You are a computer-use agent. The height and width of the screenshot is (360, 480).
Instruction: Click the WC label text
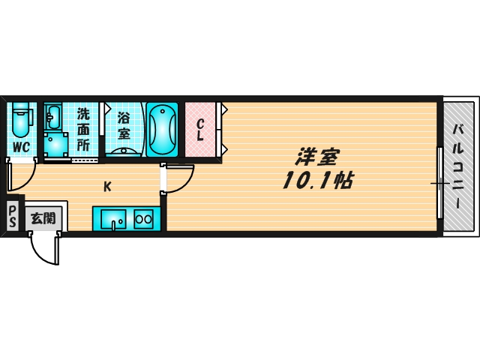tap(20, 146)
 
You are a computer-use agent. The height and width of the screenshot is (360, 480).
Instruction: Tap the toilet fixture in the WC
tap(20, 118)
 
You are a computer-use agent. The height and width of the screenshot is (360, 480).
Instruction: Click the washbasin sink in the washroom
tap(54, 116)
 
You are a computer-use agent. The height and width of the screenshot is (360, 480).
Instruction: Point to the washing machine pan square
tap(54, 144)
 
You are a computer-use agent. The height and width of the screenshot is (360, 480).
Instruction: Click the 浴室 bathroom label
tap(123, 126)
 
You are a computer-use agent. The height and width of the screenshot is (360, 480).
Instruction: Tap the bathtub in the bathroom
tap(161, 130)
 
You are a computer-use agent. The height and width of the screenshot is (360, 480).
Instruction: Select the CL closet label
tap(200, 130)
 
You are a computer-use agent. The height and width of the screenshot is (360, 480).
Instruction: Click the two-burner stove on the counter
tap(143, 220)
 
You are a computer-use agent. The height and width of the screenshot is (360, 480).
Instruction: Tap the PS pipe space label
tap(12, 217)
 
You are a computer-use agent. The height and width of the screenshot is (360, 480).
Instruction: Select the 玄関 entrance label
tap(43, 218)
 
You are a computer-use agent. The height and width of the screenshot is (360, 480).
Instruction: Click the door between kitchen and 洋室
tap(178, 178)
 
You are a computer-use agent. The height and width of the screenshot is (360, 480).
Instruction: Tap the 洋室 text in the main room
tap(316, 157)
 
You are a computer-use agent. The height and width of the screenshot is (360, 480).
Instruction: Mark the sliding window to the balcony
tap(439, 182)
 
